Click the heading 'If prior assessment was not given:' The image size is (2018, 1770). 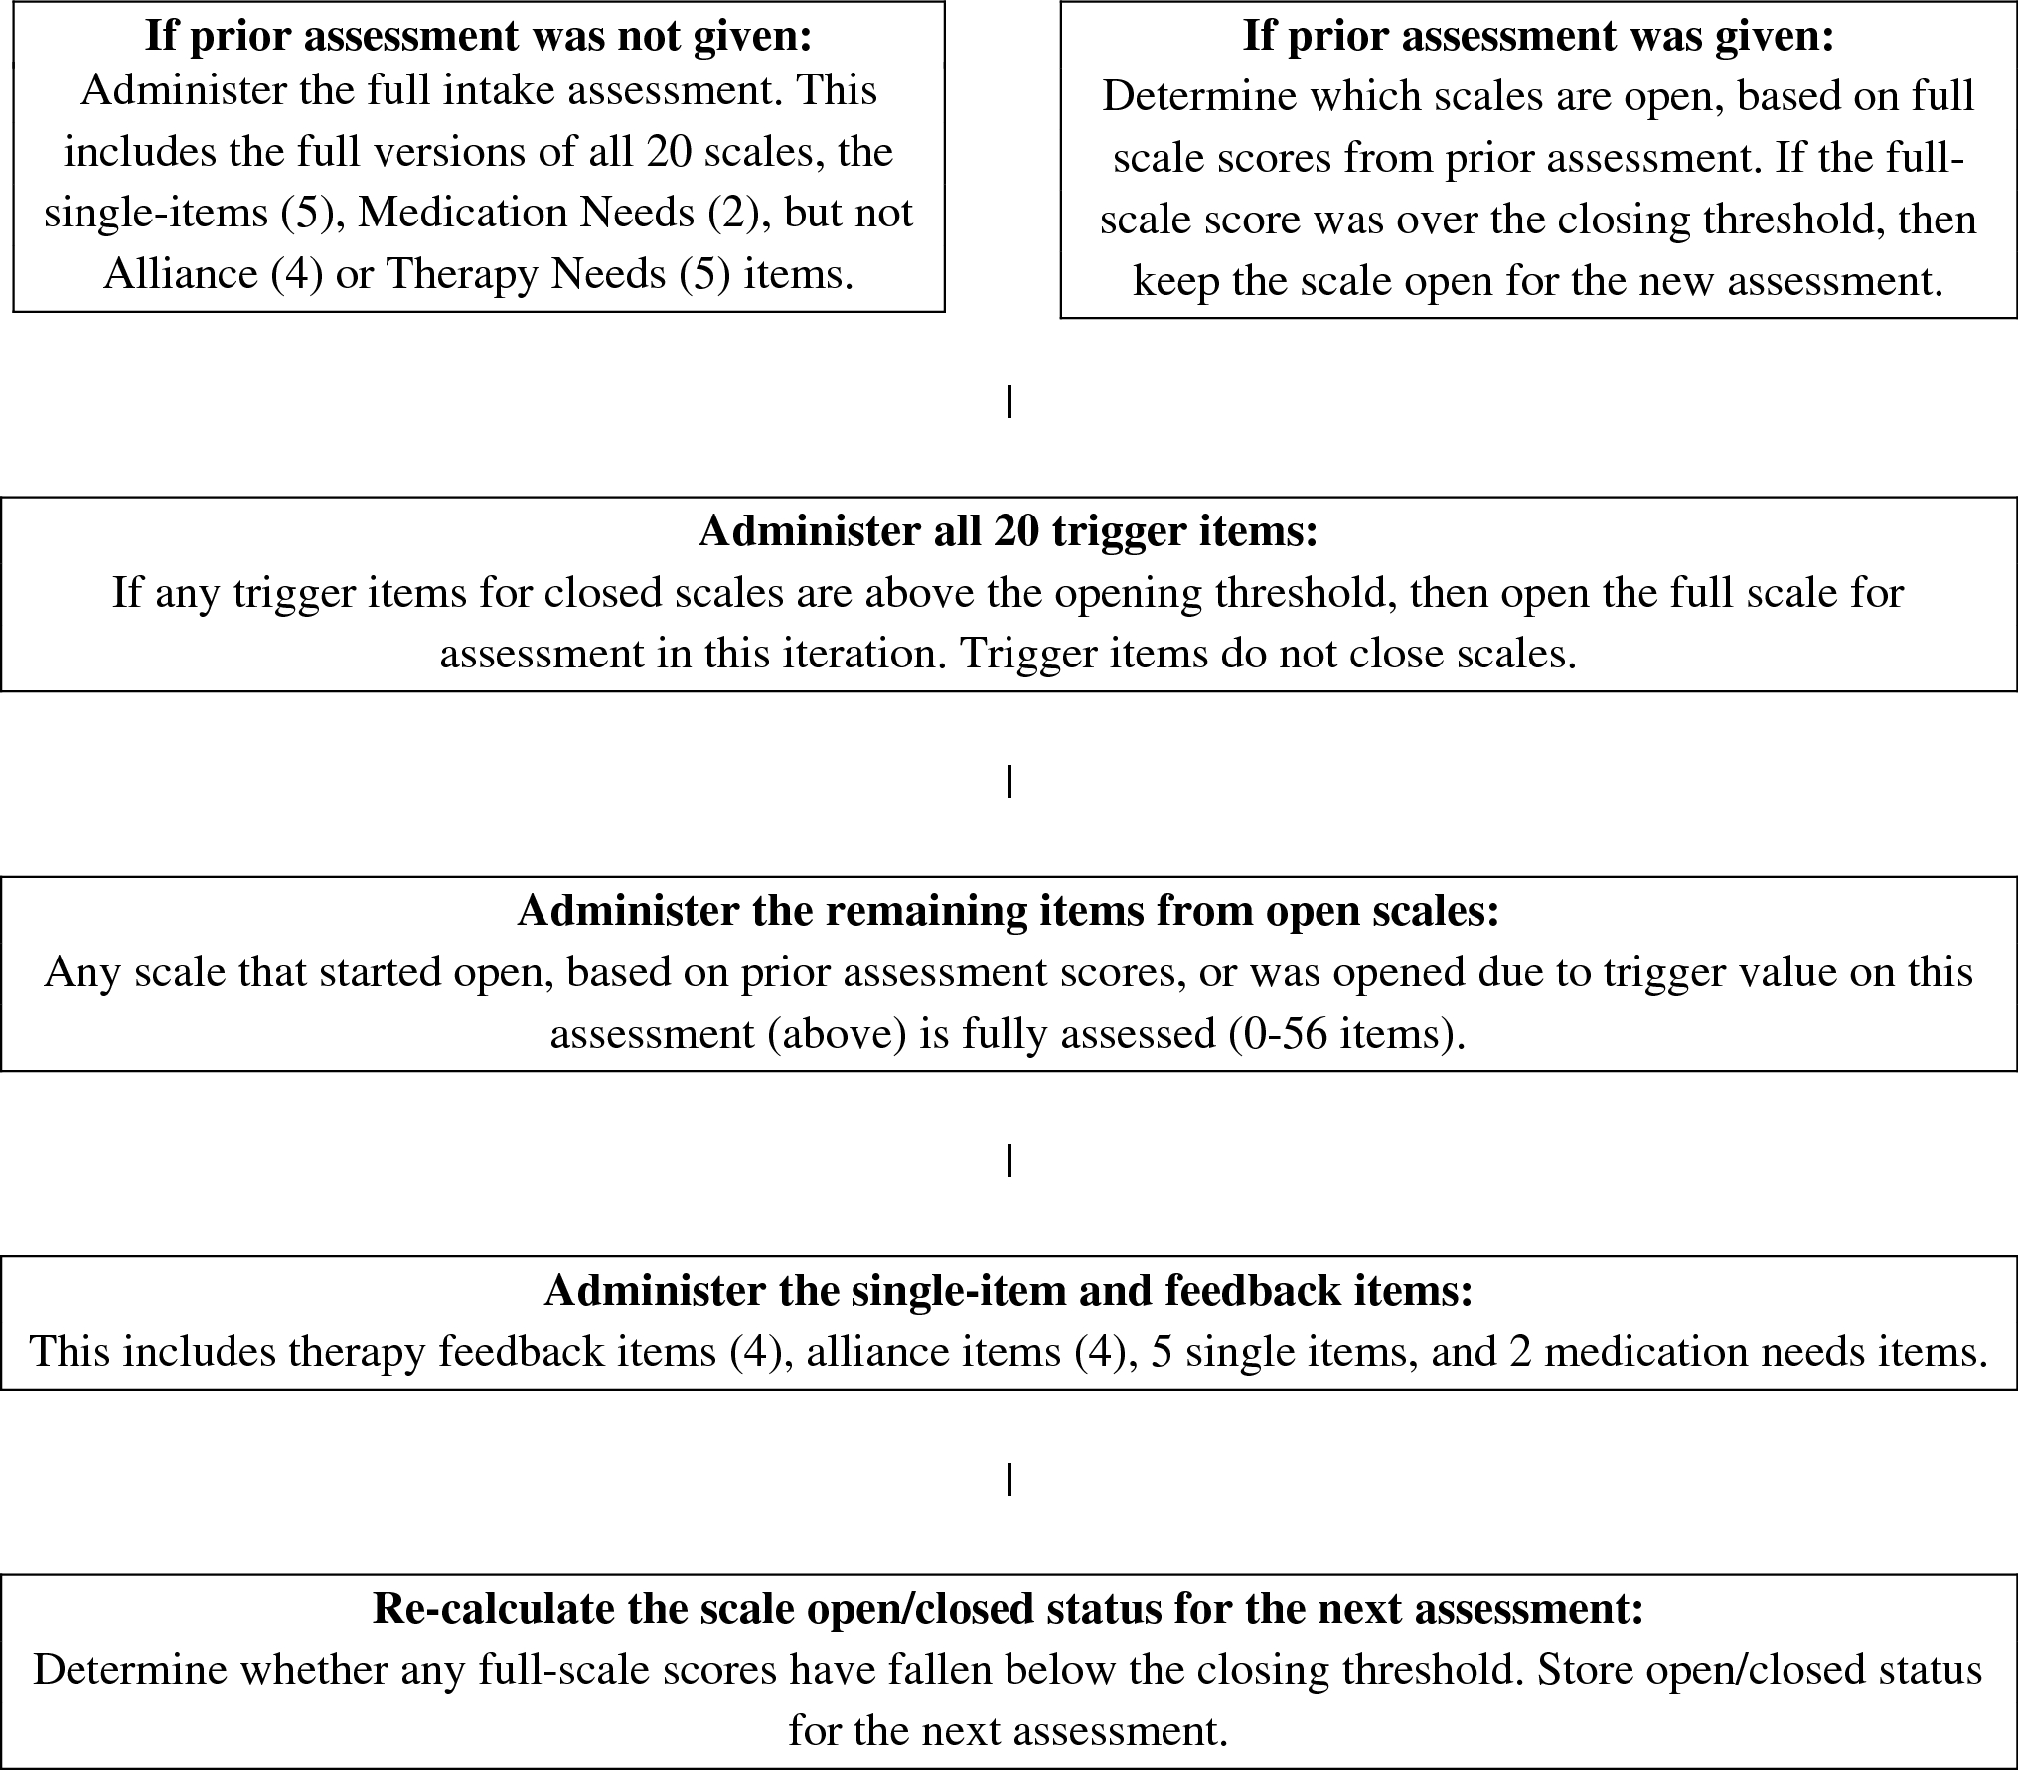(x=478, y=36)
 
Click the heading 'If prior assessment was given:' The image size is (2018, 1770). (x=1538, y=36)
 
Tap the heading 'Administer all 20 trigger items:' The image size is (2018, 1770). (x=1008, y=531)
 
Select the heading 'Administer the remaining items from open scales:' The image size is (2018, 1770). (x=1008, y=911)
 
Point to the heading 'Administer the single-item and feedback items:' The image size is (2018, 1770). (x=1008, y=1291)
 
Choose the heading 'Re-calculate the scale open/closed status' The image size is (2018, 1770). (x=1008, y=1608)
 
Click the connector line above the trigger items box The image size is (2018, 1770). (x=1009, y=402)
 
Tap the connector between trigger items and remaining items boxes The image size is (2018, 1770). (x=1009, y=782)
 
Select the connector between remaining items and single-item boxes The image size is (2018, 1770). (x=1009, y=1161)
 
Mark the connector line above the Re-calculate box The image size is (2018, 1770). (x=1009, y=1480)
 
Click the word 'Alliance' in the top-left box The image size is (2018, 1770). (x=181, y=273)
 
